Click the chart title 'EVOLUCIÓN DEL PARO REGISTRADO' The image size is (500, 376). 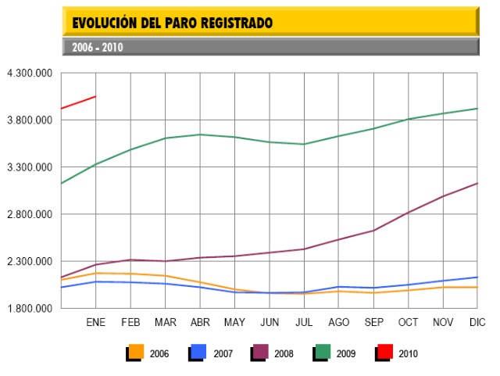pyautogui.click(x=173, y=23)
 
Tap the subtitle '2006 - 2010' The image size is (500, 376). pyautogui.click(x=97, y=47)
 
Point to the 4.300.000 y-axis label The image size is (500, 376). pyautogui.click(x=29, y=73)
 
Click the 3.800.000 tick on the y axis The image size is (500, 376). pyautogui.click(x=29, y=120)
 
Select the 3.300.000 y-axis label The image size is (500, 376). pyautogui.click(x=29, y=167)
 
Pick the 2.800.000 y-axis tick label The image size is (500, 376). pyautogui.click(x=29, y=214)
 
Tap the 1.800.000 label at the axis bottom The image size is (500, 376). pyautogui.click(x=29, y=308)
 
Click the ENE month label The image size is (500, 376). pyautogui.click(x=95, y=322)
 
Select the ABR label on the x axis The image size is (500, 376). pyautogui.click(x=200, y=322)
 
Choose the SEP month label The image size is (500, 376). pyautogui.click(x=373, y=322)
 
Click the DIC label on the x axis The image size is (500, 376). pyautogui.click(x=477, y=322)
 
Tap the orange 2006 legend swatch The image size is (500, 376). pyautogui.click(x=136, y=353)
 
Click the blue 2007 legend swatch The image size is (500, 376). pyautogui.click(x=198, y=353)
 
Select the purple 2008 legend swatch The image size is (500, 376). pyautogui.click(x=260, y=353)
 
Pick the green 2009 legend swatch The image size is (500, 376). pyautogui.click(x=323, y=353)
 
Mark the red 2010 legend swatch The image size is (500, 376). pyautogui.click(x=384, y=353)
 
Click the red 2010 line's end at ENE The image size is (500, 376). pyautogui.click(x=95, y=97)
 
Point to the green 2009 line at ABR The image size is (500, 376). pyautogui.click(x=200, y=134)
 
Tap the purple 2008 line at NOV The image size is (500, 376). pyautogui.click(x=442, y=196)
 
